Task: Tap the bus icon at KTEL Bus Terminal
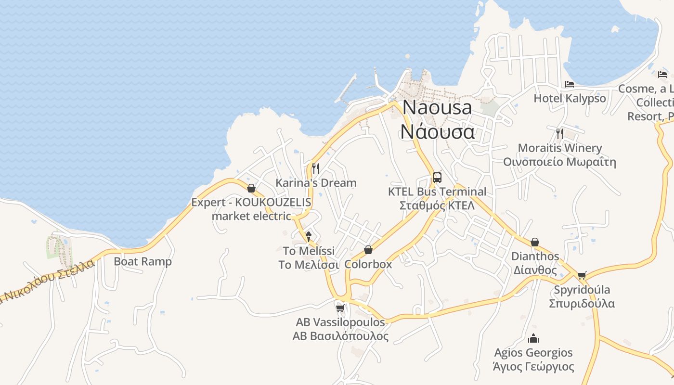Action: (437, 177)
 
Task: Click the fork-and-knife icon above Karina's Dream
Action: (316, 168)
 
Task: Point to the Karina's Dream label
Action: (316, 183)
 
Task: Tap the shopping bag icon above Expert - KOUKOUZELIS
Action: (251, 188)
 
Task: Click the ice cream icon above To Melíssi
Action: (309, 236)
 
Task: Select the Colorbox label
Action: (368, 264)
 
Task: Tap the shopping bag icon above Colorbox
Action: (368, 250)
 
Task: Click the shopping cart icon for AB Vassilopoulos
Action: (340, 308)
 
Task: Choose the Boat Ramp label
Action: (143, 261)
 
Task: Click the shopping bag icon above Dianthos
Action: (534, 242)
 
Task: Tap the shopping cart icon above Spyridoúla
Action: (582, 275)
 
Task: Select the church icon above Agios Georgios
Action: (533, 338)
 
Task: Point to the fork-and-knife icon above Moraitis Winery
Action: (559, 133)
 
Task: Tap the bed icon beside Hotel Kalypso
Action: (570, 84)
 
